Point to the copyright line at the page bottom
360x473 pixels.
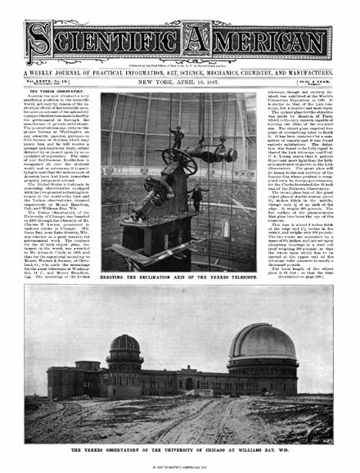pyautogui.click(x=180, y=467)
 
